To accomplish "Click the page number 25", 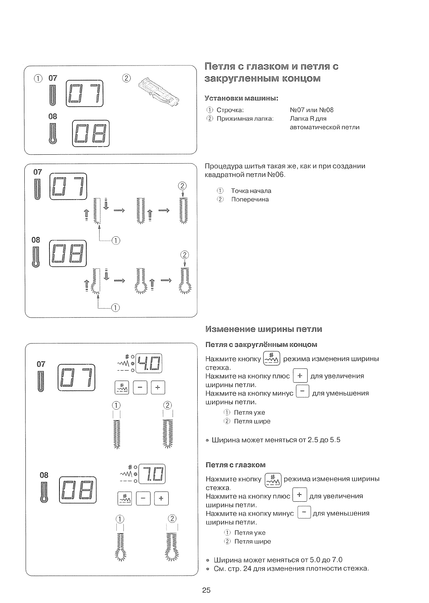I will [206, 590].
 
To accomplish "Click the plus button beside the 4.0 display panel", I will [158, 387].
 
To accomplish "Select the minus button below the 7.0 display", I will [143, 498].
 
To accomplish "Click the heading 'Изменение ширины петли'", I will [264, 329].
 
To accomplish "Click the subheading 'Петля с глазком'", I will [236, 465].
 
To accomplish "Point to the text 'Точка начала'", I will [251, 191].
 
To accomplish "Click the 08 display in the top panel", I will [91, 133].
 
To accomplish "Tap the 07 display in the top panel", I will [85, 93].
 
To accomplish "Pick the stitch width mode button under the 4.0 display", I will [122, 387].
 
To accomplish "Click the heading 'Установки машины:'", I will [241, 98].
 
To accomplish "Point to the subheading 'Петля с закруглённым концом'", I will [261, 344].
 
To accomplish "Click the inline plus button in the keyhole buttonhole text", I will [299, 495].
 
